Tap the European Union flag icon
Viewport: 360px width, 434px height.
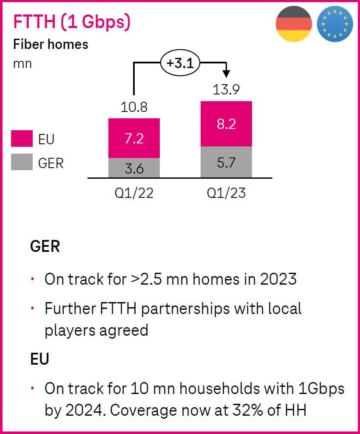tap(335, 24)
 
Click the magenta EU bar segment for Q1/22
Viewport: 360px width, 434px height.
tap(134, 138)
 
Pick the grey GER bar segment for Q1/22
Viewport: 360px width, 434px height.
tap(134, 168)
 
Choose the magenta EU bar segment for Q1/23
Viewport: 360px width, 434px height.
tap(226, 124)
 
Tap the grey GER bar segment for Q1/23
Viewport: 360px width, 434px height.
tap(226, 162)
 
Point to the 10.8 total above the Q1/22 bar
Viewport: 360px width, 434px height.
tap(134, 107)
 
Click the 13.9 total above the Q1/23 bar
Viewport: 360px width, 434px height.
tap(226, 90)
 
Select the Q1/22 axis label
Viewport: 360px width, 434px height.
tap(134, 194)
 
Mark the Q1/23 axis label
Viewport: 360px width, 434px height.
tap(226, 194)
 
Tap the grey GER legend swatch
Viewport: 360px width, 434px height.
tap(22, 163)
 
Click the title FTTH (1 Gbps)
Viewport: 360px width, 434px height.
tap(72, 22)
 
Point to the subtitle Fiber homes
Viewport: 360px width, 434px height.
tap(51, 45)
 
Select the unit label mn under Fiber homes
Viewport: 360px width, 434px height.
tap(22, 64)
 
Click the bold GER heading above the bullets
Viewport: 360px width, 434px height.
tap(45, 247)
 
